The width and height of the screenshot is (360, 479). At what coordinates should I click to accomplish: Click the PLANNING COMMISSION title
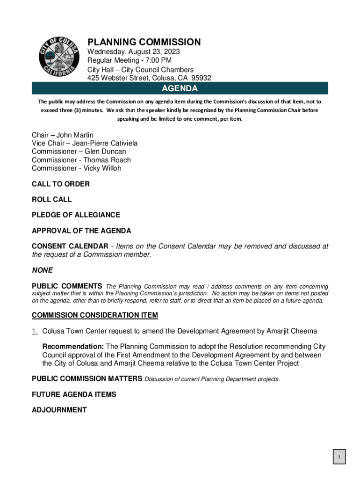click(x=144, y=43)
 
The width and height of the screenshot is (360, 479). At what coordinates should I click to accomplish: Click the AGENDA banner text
click(x=180, y=88)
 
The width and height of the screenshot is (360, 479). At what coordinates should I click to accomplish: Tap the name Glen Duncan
click(x=105, y=152)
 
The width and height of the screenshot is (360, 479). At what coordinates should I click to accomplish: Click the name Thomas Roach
click(x=107, y=160)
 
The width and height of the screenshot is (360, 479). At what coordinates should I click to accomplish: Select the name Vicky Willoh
click(x=102, y=168)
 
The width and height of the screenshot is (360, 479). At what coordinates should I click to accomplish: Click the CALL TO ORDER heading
click(x=61, y=184)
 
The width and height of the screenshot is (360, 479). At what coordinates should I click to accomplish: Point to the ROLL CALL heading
click(x=52, y=200)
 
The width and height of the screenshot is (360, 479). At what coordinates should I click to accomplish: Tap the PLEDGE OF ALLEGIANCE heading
click(x=76, y=215)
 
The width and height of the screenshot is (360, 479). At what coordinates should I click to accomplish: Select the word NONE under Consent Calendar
click(x=42, y=270)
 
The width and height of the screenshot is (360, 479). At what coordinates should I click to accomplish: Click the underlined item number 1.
click(x=35, y=331)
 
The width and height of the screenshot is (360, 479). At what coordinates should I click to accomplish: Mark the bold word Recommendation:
click(x=73, y=347)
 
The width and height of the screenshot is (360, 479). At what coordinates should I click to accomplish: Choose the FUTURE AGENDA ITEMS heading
click(x=74, y=395)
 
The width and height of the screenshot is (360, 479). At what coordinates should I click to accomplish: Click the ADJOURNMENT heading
click(x=59, y=410)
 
